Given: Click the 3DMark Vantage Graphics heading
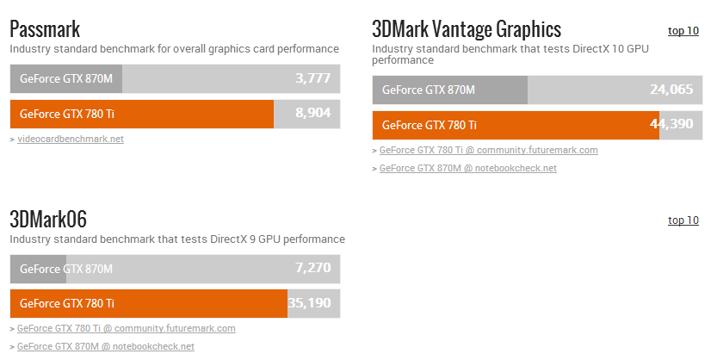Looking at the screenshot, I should tap(466, 29).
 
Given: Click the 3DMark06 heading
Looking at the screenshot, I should tap(48, 219).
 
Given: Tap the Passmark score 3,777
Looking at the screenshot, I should tap(312, 78).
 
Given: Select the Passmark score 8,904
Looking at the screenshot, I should tap(312, 113).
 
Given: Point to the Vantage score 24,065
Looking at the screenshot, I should tap(671, 89).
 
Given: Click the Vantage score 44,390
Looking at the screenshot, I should tap(671, 124).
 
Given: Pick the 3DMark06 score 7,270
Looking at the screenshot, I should tap(312, 268).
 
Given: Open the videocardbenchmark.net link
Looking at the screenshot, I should tap(71, 139).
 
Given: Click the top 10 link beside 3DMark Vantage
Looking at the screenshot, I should tap(683, 31).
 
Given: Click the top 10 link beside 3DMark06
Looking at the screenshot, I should tap(683, 220).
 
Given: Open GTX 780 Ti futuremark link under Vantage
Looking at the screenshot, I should tap(488, 150).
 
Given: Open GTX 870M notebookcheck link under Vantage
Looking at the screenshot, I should tap(467, 168).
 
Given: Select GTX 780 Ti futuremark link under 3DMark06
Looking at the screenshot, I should tap(126, 328).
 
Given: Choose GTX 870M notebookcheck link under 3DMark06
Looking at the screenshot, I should tap(105, 346).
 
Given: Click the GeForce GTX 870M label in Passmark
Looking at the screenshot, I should tap(66, 78).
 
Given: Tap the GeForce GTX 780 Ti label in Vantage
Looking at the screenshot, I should tap(429, 125).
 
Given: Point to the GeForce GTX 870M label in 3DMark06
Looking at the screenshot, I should tap(66, 269).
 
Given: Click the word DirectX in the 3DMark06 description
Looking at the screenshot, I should tap(230, 239).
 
